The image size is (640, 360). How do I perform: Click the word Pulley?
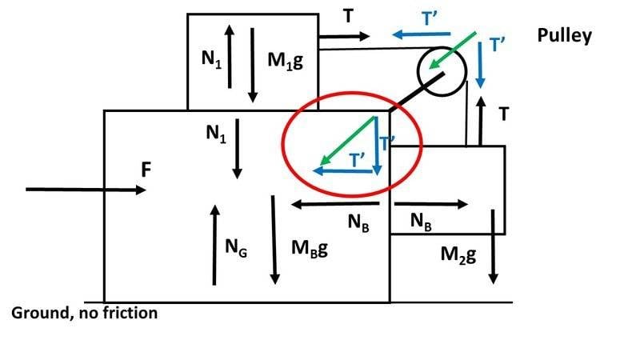coord(565,36)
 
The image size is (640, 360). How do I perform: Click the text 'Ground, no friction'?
coord(84,313)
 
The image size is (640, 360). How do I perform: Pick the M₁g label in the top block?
coord(286,62)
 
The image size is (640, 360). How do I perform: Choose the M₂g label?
coord(458,255)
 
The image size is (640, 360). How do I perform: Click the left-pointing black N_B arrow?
coord(335,205)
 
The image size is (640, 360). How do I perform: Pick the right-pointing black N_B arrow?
coord(429,205)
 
